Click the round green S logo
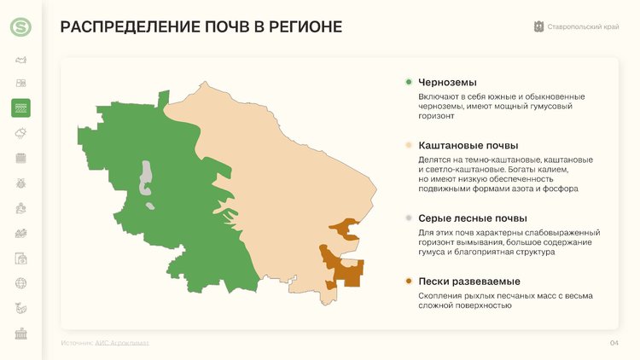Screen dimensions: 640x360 point(20,27)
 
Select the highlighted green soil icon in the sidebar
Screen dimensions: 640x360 point(20,108)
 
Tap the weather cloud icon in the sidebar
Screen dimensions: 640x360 point(20,133)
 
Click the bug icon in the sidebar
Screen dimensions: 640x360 point(20,183)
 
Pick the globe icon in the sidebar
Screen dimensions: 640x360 point(20,283)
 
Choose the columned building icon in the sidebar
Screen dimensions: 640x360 point(20,334)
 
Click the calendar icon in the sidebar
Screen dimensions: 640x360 point(20,158)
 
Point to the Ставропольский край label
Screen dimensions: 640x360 point(584,27)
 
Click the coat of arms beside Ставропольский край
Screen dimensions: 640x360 point(538,27)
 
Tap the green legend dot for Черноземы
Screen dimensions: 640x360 point(409,82)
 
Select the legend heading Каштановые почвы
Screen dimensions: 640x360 point(468,145)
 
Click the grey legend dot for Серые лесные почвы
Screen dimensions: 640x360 point(409,218)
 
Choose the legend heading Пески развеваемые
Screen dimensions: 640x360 point(469,282)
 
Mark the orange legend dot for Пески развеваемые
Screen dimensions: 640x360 point(409,282)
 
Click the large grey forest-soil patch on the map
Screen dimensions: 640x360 point(146,177)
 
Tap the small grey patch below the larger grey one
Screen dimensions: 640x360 point(150,206)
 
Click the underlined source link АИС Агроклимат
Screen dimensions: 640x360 point(122,343)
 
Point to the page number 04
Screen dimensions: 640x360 point(614,343)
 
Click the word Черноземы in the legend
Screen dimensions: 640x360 point(447,83)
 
